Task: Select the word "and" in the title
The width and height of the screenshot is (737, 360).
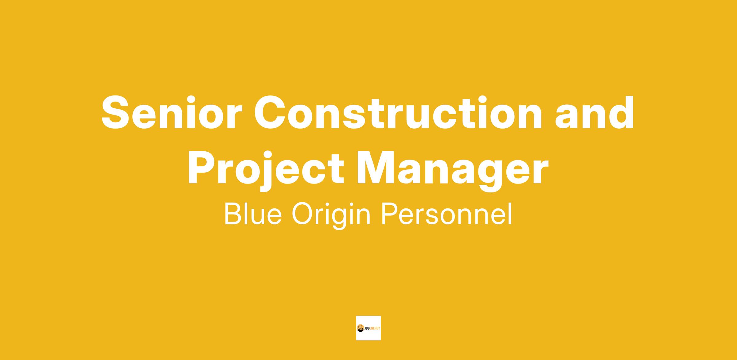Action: coord(595,112)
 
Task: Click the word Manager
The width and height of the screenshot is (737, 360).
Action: coord(452,170)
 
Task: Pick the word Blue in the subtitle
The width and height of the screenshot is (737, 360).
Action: coord(253,214)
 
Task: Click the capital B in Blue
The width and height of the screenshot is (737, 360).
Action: coord(233,214)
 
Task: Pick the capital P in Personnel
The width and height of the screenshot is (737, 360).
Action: coord(390,214)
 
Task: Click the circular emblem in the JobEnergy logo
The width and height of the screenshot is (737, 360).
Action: coord(361,328)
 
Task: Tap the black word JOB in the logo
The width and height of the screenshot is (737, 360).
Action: coord(367,328)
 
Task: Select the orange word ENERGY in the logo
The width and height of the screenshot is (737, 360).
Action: coord(375,328)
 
